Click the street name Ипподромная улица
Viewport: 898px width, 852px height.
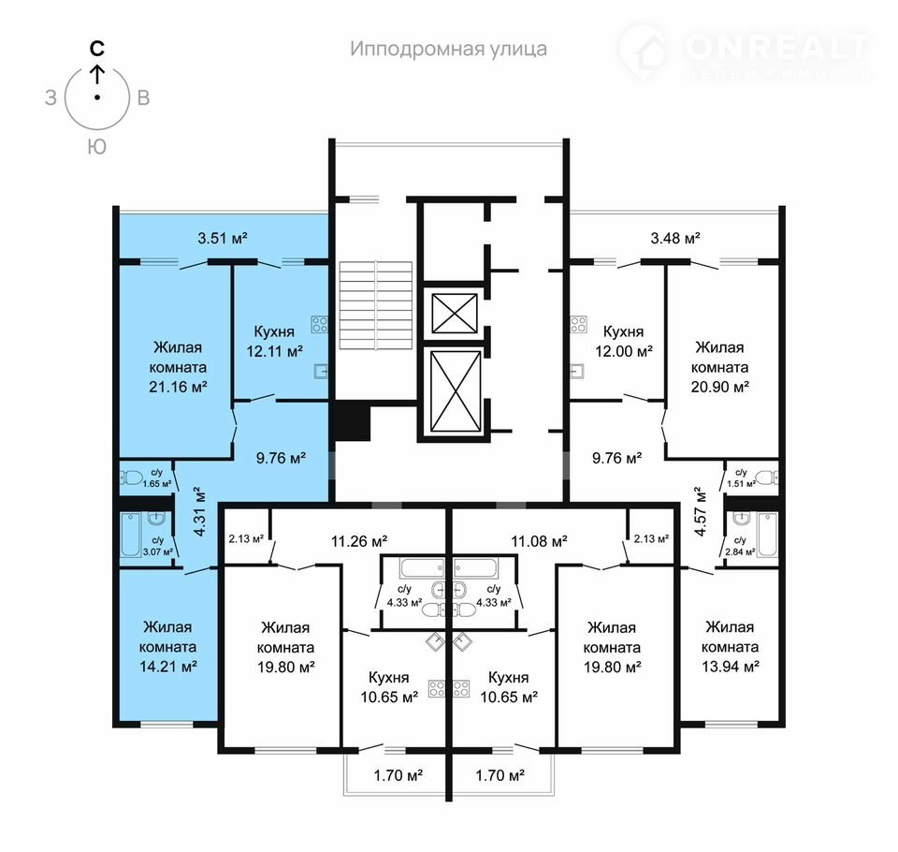(x=448, y=50)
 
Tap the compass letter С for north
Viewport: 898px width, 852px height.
(x=97, y=48)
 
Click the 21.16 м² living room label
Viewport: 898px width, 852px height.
(x=178, y=367)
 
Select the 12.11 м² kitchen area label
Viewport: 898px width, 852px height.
(x=274, y=341)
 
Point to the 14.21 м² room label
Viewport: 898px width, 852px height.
(x=168, y=647)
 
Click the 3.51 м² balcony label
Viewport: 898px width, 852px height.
(x=223, y=238)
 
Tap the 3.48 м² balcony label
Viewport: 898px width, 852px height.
(x=675, y=238)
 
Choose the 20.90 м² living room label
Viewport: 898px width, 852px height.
(x=720, y=367)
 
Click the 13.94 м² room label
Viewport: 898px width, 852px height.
(x=731, y=647)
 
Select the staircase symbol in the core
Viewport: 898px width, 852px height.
(x=376, y=305)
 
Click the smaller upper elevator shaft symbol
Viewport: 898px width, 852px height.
(x=455, y=313)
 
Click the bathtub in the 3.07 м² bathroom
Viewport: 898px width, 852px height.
(x=131, y=535)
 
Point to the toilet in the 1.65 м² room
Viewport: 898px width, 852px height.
(x=131, y=477)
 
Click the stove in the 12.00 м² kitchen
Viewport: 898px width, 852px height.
(x=578, y=325)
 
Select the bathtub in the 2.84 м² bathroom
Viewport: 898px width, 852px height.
(x=767, y=535)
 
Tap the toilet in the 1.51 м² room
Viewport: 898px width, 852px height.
(x=767, y=477)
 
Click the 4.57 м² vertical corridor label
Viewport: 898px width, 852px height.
(x=700, y=511)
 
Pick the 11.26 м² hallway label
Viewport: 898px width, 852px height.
(x=359, y=540)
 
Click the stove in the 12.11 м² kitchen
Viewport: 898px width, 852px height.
(x=320, y=325)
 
